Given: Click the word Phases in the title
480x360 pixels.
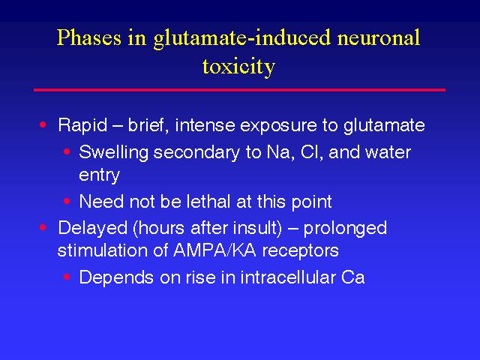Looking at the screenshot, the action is click(x=88, y=38).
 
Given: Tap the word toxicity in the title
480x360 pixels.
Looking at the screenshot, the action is click(x=238, y=67).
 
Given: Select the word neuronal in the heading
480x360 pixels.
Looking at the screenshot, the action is click(x=378, y=37).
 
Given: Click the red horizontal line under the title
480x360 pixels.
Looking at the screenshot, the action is click(x=240, y=90).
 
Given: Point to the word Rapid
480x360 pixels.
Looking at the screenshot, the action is click(x=82, y=125).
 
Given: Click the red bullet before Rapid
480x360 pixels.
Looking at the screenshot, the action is click(x=43, y=124).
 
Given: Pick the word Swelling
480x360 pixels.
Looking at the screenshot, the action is click(x=113, y=153).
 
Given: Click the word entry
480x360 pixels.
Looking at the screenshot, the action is click(x=99, y=175).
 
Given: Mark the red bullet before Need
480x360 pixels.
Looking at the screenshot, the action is click(x=67, y=201).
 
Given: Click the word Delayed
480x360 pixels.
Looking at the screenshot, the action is click(x=92, y=228).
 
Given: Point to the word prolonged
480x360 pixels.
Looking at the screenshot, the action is click(x=345, y=229).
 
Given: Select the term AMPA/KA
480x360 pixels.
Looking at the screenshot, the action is click(x=214, y=250).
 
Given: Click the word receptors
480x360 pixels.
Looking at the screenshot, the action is click(x=300, y=252).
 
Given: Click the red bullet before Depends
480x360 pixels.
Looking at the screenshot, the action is click(x=67, y=277).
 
